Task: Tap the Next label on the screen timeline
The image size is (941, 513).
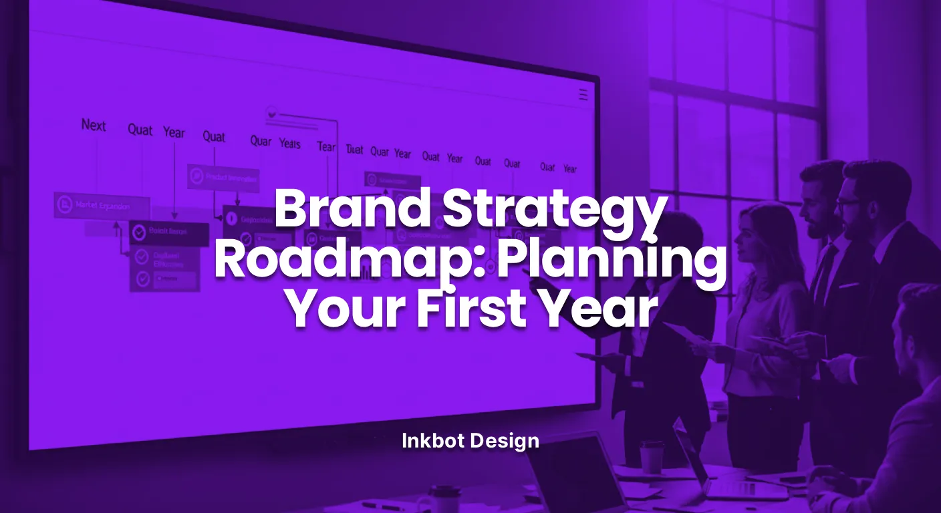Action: [94, 125]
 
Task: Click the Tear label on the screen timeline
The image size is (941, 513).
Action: [326, 146]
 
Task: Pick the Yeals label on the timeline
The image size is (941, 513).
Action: [290, 143]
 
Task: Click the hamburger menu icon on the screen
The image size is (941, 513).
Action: [583, 96]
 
